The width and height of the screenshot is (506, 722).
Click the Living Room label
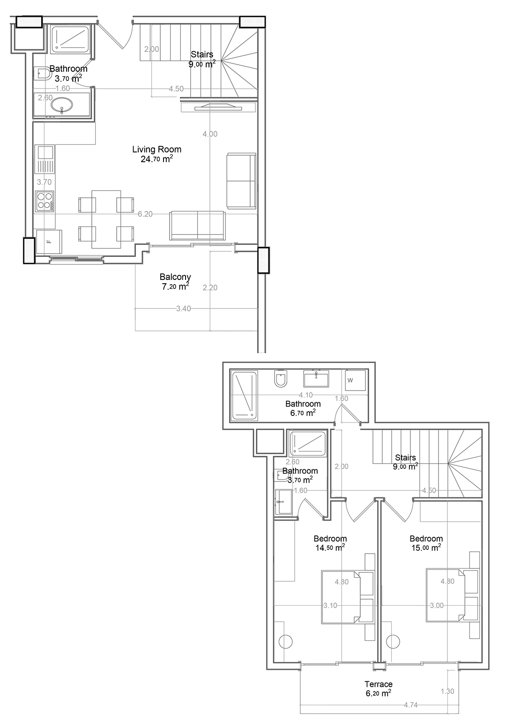tap(156, 149)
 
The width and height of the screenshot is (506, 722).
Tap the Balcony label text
tap(175, 277)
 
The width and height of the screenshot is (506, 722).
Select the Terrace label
tap(379, 684)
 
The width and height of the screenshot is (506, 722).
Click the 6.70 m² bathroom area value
tap(303, 413)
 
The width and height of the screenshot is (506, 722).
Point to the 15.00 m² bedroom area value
tap(426, 548)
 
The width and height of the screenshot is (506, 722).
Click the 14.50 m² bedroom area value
tap(330, 548)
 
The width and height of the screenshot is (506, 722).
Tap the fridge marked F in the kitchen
tap(49, 241)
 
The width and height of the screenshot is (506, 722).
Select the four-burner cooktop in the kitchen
tap(45, 202)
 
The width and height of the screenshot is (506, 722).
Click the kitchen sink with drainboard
tap(45, 160)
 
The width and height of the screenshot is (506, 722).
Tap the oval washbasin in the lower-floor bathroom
tap(62, 105)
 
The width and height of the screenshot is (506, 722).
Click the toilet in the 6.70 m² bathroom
tap(279, 378)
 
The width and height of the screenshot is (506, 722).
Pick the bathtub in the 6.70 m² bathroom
tap(244, 396)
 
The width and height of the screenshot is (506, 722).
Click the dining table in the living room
tap(106, 219)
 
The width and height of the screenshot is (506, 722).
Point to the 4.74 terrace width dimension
tap(411, 705)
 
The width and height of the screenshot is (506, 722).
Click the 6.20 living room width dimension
tap(145, 214)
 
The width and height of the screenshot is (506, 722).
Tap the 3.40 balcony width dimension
tap(183, 308)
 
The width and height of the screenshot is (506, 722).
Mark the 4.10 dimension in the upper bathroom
tap(305, 395)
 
